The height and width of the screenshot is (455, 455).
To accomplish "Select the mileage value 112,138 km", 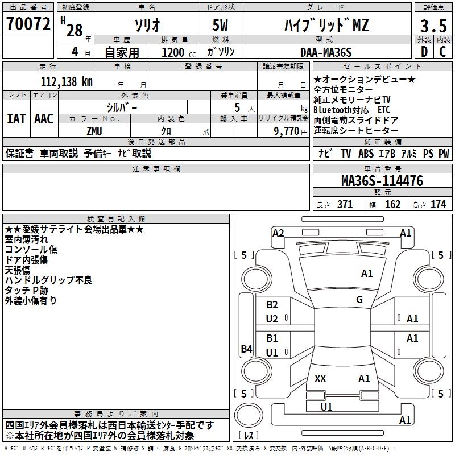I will (x=67, y=81).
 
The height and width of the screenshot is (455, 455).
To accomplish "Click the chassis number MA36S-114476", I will (x=382, y=181).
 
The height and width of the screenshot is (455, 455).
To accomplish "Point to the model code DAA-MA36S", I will (x=326, y=52).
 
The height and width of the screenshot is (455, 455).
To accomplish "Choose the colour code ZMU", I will (x=94, y=131).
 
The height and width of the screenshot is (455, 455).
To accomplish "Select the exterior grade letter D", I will (x=424, y=52).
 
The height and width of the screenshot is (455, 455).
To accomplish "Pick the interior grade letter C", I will (x=442, y=52).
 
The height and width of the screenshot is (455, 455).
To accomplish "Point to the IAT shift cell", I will (x=16, y=119).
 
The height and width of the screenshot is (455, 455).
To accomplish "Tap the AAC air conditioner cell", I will (x=44, y=119).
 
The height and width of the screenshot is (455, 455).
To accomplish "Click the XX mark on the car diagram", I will (x=320, y=378).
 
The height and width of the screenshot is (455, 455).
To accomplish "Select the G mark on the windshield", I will (x=359, y=300).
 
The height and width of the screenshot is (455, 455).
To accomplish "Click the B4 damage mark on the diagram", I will (x=246, y=349).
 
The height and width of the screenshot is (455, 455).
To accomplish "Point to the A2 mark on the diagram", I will (x=278, y=233).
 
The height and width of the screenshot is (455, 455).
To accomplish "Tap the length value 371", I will (x=345, y=205).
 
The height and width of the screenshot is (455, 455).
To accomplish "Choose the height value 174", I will (x=438, y=205).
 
